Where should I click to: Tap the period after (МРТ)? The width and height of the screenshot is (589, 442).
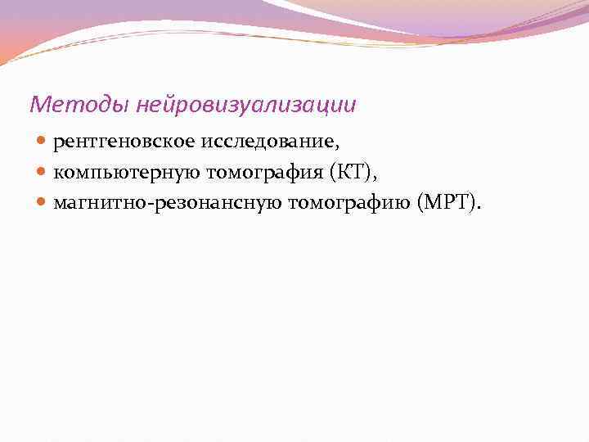pos(479,206)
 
